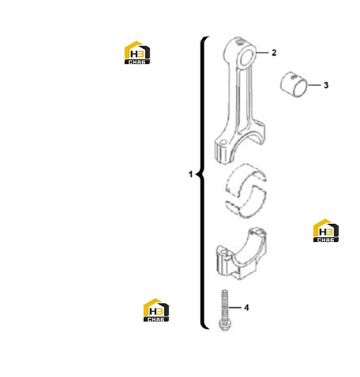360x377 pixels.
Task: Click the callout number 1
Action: [191, 174]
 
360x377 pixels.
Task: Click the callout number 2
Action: [274, 53]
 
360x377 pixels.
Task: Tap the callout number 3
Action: [326, 85]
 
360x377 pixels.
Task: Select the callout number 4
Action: [246, 308]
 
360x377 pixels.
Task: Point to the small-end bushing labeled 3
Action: [294, 84]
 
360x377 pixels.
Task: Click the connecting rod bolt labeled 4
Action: [224, 310]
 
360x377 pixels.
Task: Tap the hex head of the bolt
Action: [224, 325]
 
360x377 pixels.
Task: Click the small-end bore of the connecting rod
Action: [247, 57]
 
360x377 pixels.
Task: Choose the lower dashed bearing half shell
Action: [246, 203]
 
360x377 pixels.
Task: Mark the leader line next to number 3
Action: [314, 85]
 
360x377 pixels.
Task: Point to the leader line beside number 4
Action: [235, 308]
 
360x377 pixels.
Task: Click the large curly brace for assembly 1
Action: [201, 183]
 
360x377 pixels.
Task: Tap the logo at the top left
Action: [137, 53]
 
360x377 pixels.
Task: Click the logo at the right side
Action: [326, 230]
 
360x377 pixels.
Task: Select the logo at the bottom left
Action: [156, 310]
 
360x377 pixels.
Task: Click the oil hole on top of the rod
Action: [239, 42]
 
